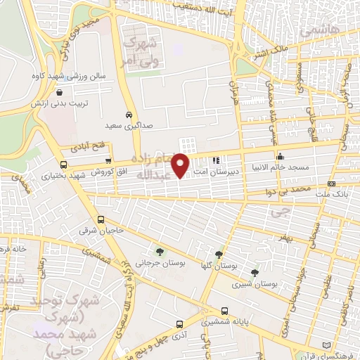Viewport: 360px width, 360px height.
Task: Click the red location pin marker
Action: point(181,165)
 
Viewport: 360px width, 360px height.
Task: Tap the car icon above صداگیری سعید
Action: point(128,115)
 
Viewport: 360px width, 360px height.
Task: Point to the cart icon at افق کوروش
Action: point(108,161)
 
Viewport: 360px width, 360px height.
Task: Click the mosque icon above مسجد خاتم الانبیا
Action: point(280,156)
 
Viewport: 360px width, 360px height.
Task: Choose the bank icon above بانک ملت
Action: point(331,184)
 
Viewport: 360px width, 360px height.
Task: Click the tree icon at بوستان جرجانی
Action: point(160,251)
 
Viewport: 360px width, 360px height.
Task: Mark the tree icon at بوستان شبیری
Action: point(255,273)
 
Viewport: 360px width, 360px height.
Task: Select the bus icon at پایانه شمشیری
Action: point(224,310)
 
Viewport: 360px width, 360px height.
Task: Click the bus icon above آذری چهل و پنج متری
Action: point(180,324)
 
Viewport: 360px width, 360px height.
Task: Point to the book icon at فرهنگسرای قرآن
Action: point(324,345)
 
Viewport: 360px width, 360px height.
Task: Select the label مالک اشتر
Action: point(270,51)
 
